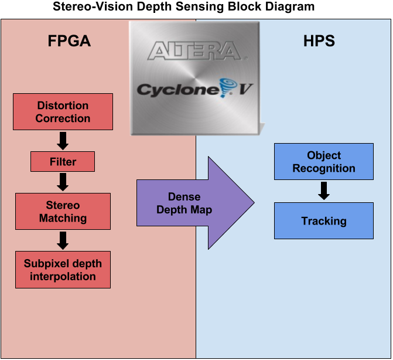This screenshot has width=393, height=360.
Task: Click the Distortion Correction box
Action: click(x=63, y=112)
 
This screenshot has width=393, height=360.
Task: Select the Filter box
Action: click(x=63, y=161)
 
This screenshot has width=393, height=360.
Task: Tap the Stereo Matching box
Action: click(x=63, y=212)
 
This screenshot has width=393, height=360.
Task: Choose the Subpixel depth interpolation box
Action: click(x=63, y=270)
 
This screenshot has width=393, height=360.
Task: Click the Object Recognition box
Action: click(x=324, y=162)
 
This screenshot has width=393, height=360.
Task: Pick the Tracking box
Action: click(x=324, y=221)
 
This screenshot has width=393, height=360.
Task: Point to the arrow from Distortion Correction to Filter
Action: click(x=63, y=141)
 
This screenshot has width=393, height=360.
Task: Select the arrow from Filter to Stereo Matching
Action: click(x=63, y=182)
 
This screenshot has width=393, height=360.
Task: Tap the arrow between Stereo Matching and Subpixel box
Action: click(x=63, y=240)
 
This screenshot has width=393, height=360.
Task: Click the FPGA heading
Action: click(x=69, y=42)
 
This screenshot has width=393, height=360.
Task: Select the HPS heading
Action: click(x=320, y=42)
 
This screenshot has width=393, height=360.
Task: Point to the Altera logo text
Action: click(x=194, y=51)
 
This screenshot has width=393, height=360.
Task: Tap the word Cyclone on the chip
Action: click(x=170, y=89)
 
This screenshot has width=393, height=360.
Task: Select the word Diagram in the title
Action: click(x=292, y=7)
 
